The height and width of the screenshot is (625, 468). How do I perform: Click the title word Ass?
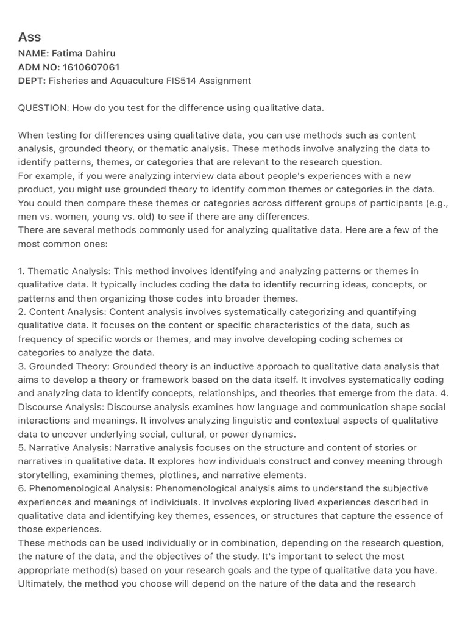tap(29, 37)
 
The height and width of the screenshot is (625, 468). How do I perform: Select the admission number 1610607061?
tap(87, 67)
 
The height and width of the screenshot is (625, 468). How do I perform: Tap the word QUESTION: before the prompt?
tap(43, 108)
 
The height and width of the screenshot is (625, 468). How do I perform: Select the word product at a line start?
tap(35, 189)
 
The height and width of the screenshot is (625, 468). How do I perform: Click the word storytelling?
tap(44, 475)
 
